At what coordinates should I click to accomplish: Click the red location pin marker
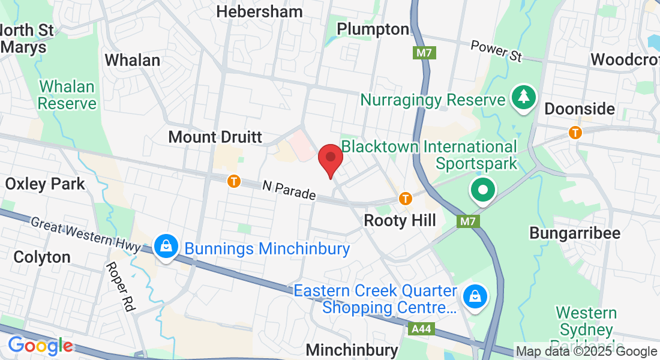click(330, 158)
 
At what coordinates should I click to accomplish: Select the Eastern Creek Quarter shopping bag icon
click(475, 296)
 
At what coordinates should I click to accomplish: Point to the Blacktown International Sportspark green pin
click(483, 191)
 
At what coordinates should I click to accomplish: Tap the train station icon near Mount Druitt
click(233, 181)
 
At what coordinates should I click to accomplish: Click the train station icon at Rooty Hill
click(406, 197)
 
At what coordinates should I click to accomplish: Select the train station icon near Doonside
click(575, 132)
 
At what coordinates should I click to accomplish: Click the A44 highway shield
click(420, 329)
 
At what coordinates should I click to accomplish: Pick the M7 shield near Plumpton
click(424, 53)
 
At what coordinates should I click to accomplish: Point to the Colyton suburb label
click(42, 257)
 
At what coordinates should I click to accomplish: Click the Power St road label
click(496, 51)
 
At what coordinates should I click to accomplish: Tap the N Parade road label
click(289, 191)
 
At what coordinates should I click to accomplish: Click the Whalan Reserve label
click(67, 95)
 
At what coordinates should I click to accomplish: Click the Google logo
click(40, 346)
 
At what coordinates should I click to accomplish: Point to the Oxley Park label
click(45, 184)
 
